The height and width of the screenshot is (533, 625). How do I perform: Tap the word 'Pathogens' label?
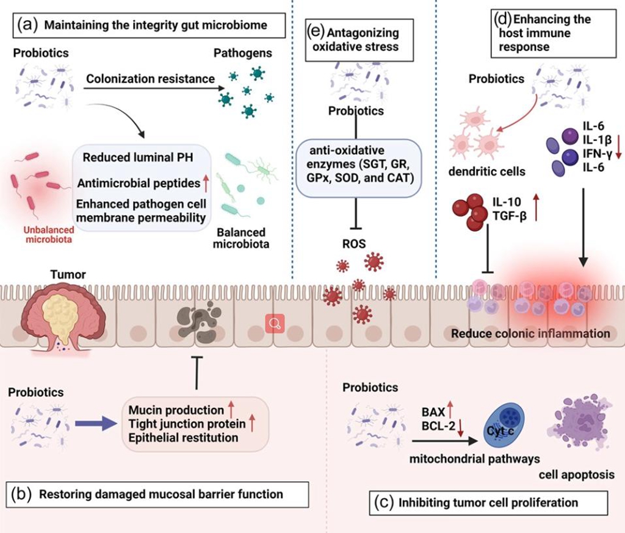point(242,54)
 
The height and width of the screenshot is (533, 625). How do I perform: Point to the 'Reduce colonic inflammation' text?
point(531,334)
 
